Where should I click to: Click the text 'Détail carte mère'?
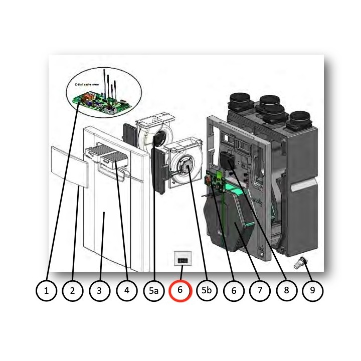tap(87, 85)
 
